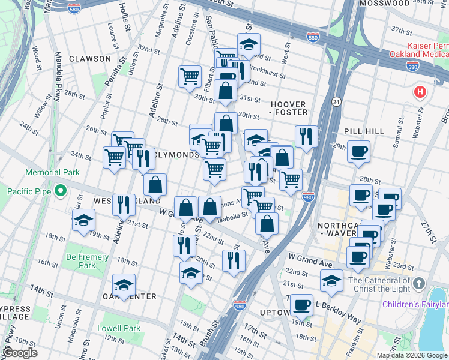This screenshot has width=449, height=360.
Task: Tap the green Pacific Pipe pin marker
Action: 60,191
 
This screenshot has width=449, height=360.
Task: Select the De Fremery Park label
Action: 87,261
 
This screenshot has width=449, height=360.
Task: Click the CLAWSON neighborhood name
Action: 90,59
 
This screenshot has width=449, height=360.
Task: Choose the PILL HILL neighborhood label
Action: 360,130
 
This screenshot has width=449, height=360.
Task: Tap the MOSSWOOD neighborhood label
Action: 384,4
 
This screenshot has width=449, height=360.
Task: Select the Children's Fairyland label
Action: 414,304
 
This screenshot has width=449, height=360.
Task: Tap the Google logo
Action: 19,353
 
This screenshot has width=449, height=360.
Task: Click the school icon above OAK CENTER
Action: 124,284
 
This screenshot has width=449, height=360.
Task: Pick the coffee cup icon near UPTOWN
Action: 301,304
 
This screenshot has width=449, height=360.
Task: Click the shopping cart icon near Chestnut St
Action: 190,76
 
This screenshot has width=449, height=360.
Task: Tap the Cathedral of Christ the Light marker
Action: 419,283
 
